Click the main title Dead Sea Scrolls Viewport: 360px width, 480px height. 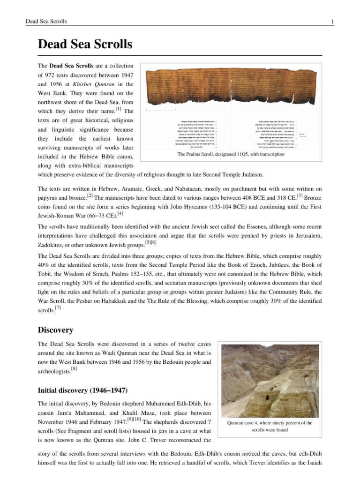coord(85,45)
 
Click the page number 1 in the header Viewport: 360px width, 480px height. coord(332,22)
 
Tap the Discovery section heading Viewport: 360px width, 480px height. coord(57,330)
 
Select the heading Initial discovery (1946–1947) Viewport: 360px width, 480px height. coord(82,390)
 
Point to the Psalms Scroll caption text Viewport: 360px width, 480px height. coord(231,154)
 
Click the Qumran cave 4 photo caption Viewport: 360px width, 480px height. coord(270,426)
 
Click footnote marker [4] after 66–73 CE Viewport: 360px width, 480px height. coord(120,214)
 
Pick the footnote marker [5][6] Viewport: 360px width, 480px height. coord(151,242)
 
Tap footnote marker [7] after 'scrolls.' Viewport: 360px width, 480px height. coord(58,307)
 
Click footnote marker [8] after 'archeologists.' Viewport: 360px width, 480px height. coord(74,369)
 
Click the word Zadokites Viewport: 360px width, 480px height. coord(52,245)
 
